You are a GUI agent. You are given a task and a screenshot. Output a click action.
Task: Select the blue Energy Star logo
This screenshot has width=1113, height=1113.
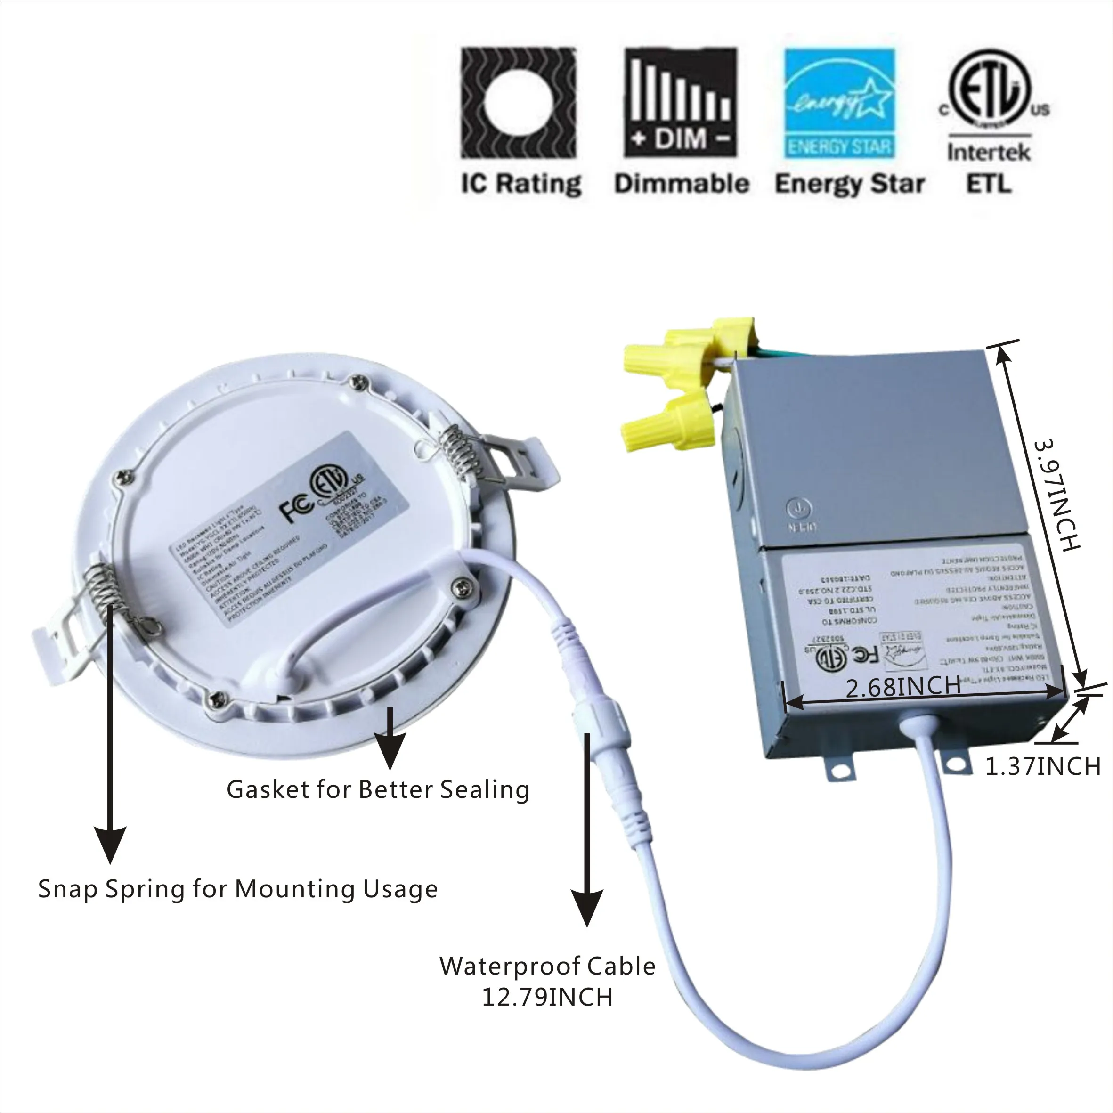click(x=839, y=104)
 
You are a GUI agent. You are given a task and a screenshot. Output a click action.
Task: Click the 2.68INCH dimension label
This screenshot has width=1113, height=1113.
click(x=903, y=687)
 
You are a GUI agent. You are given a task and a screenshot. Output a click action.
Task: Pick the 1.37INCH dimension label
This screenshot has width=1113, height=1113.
click(x=1043, y=766)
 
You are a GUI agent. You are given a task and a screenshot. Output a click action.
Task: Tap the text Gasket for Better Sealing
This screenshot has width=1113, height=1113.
click(x=378, y=789)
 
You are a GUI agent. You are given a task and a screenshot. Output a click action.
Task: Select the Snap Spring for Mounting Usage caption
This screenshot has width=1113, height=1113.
click(x=238, y=889)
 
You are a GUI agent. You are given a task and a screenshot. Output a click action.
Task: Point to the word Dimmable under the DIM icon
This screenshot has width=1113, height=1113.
click(x=682, y=184)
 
